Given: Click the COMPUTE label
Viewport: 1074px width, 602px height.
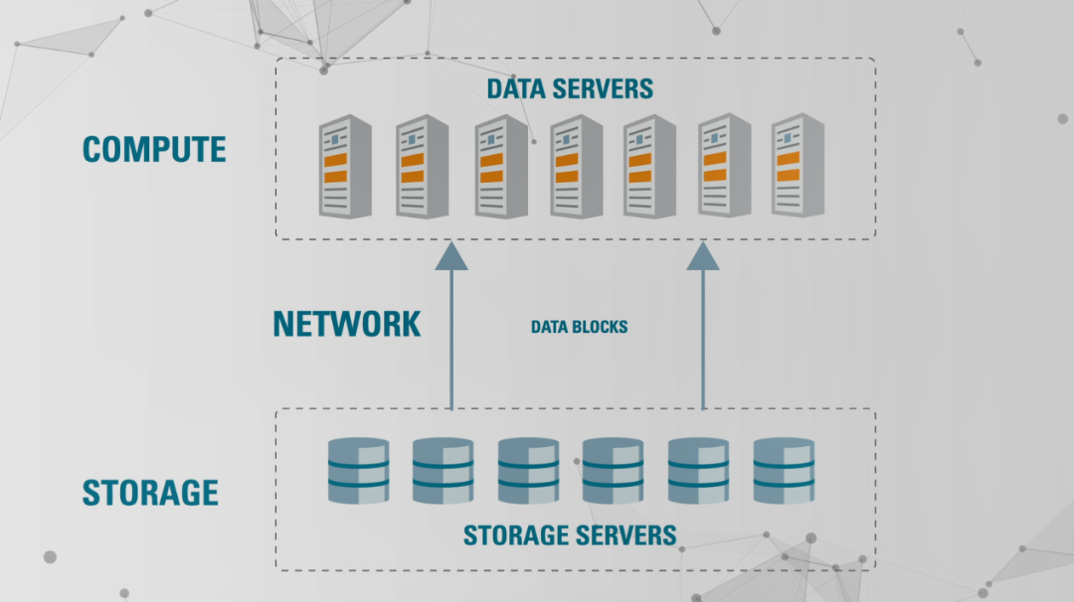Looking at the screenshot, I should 154,149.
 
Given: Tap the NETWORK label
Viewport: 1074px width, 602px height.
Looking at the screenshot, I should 347,324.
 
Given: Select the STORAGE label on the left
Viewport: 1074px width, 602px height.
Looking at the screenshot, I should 150,493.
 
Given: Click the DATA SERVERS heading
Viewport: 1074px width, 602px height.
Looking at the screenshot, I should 570,88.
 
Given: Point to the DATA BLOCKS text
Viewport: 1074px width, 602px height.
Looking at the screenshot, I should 579,327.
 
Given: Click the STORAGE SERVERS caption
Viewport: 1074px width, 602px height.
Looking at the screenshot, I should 570,535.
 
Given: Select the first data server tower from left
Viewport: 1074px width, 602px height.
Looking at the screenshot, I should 345,166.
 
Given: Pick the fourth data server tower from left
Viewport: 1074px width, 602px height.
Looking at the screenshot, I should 577,166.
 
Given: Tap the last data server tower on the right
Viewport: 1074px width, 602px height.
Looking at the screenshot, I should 799,166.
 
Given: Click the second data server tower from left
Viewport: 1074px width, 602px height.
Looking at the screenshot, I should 423,166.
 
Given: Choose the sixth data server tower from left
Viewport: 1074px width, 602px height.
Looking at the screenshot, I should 725,166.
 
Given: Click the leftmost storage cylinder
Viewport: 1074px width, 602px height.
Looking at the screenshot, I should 358,470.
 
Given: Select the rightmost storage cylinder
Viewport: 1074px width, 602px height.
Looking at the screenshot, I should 784,470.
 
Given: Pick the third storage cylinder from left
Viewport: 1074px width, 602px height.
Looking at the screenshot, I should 529,470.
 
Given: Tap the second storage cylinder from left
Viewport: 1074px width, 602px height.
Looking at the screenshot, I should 444,470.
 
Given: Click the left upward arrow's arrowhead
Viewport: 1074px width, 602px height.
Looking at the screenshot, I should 451,256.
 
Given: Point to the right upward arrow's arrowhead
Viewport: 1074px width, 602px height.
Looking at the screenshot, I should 703,256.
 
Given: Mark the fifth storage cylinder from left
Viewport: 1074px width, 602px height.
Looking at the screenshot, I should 698,470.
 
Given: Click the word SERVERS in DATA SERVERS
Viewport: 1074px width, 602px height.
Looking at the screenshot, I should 604,88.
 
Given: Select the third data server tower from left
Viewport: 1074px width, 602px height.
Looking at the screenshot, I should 501,166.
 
